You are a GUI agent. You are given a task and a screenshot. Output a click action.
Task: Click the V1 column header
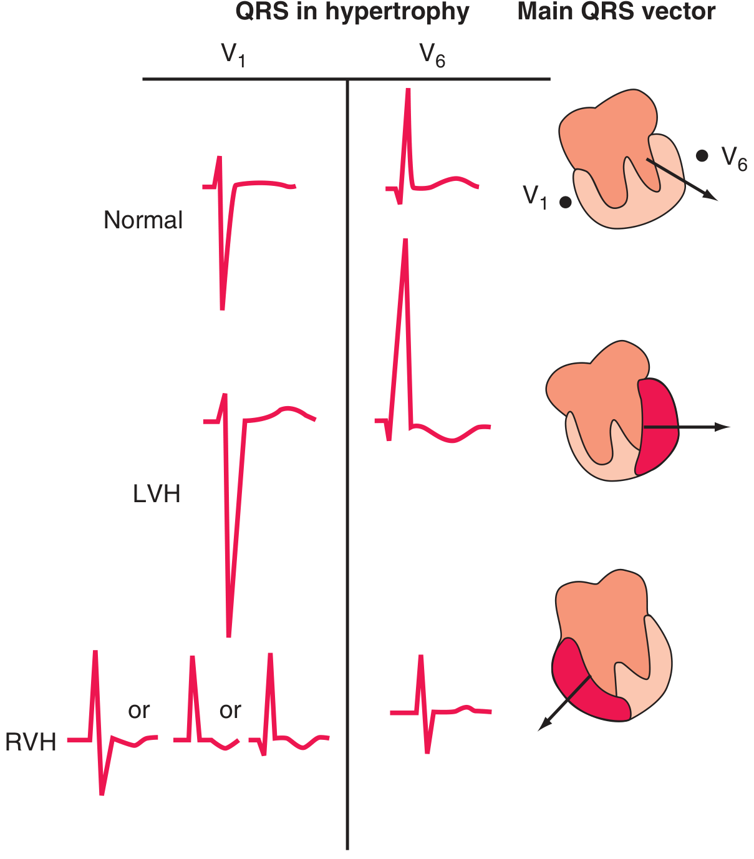tap(233, 56)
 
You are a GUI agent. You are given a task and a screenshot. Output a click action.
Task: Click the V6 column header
tap(432, 56)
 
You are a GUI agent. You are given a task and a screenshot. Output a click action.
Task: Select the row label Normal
tap(143, 220)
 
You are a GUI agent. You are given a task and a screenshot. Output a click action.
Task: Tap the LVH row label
tap(157, 494)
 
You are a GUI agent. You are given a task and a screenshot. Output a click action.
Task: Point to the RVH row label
tap(31, 742)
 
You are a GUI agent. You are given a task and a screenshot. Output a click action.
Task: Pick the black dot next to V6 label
tap(702, 156)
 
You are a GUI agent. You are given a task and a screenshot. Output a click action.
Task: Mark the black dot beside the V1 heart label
tap(566, 202)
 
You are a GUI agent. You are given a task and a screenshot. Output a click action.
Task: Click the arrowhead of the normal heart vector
tap(712, 197)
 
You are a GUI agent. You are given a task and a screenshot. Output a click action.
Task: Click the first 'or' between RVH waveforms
tap(139, 710)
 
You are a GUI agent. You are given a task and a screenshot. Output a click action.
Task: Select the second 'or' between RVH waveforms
tap(230, 710)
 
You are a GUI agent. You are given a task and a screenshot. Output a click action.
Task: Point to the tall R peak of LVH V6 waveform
tap(406, 241)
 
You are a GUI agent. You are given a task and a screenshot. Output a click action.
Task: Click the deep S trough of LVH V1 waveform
tap(229, 635)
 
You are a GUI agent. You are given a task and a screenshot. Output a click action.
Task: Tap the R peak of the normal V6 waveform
tap(408, 90)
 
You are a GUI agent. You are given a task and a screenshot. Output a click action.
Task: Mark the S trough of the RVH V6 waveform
tap(428, 751)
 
